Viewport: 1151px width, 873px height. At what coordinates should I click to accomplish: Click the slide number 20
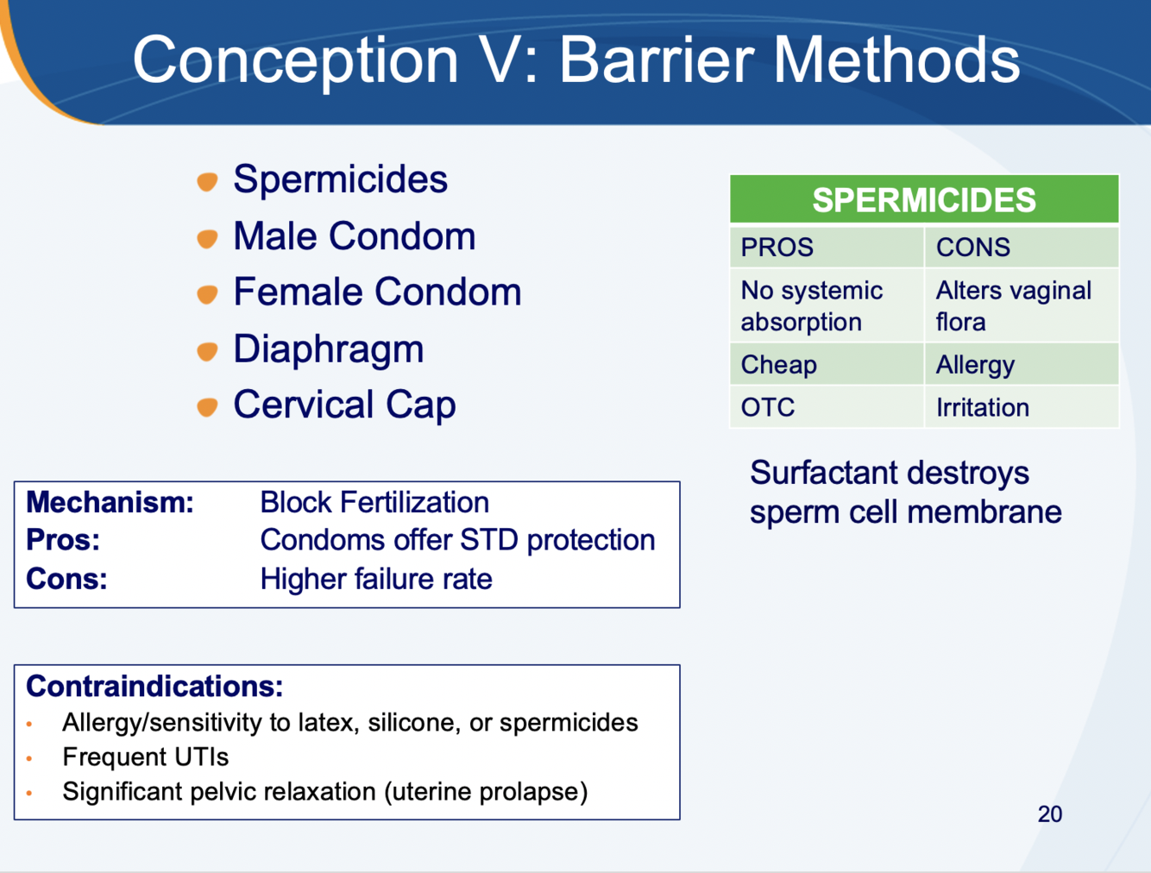(1050, 813)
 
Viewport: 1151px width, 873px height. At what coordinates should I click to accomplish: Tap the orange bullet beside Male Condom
(207, 239)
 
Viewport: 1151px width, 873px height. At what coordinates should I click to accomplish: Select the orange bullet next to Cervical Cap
(207, 407)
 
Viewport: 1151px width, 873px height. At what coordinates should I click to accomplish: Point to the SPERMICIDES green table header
(924, 199)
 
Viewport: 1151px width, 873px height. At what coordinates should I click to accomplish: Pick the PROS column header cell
(827, 247)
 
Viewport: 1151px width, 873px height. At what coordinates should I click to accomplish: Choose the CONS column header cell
(1022, 247)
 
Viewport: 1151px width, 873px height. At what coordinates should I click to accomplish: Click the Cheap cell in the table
(827, 364)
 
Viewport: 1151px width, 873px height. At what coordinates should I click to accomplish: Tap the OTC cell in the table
(827, 407)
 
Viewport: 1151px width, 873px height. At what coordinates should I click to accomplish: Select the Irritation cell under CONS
(1022, 407)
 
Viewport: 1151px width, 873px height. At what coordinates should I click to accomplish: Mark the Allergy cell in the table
(1022, 364)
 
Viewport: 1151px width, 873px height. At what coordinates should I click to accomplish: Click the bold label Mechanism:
(110, 502)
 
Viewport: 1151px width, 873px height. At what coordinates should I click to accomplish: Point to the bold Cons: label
(66, 579)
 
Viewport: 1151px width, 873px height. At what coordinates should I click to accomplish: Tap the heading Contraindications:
(154, 686)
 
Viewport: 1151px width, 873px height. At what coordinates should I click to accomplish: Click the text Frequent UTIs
(146, 757)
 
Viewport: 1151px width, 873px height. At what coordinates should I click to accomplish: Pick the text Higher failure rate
(376, 579)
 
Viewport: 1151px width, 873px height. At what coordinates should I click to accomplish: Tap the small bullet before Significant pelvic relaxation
(29, 793)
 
